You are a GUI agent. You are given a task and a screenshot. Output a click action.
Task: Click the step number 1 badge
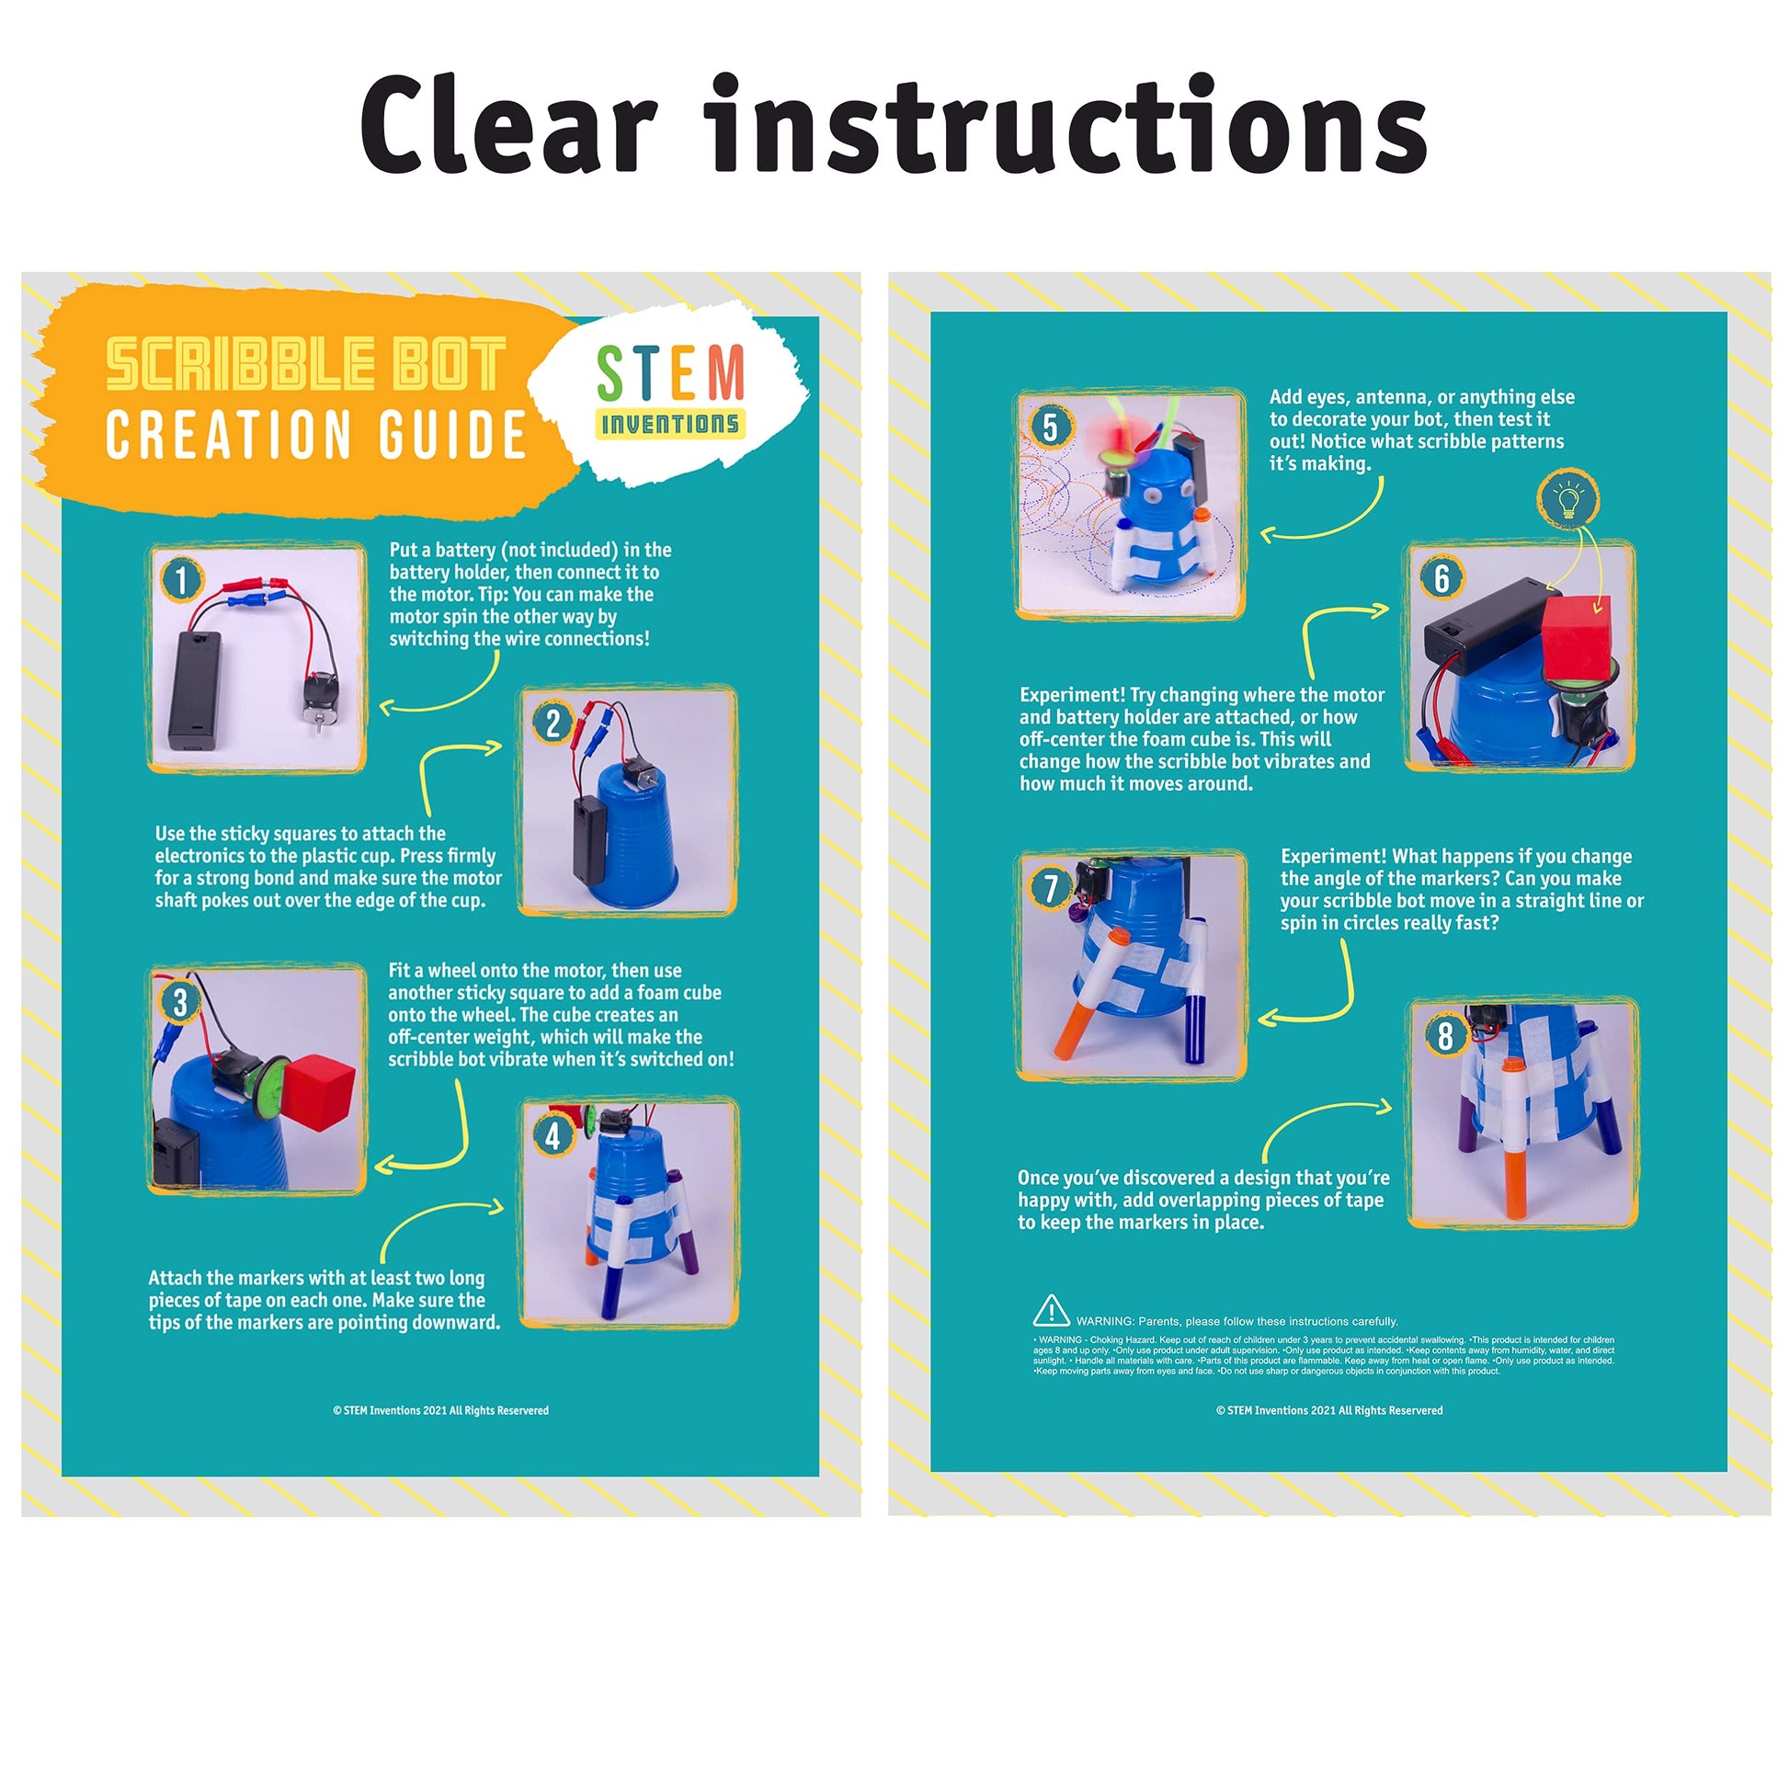[x=180, y=581]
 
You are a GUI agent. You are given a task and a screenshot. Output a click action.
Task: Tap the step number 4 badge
[x=553, y=1135]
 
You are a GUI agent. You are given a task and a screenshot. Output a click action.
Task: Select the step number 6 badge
[x=1441, y=579]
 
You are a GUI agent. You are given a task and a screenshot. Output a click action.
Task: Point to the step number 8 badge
[x=1444, y=1036]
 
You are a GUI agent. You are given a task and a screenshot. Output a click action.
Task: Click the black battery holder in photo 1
[x=195, y=690]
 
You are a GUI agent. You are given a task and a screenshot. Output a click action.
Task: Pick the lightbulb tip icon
[x=1568, y=500]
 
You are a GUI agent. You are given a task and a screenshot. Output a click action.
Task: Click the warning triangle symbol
[x=1051, y=1311]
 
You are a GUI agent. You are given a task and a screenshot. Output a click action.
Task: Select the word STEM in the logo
[x=670, y=372]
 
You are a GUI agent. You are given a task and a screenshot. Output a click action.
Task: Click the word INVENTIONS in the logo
[x=670, y=424]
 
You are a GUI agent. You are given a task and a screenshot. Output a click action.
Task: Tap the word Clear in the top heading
[x=508, y=125]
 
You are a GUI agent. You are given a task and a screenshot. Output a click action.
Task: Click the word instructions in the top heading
[x=1065, y=125]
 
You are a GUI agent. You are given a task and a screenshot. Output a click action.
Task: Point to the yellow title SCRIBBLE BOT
[x=305, y=364]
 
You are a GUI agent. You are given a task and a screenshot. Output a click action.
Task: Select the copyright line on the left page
[x=440, y=1410]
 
